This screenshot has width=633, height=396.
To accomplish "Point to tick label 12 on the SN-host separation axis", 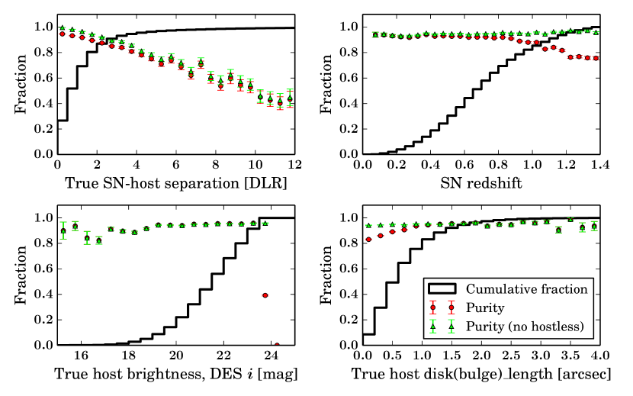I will [x=293, y=165].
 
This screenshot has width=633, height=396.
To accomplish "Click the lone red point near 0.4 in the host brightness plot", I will [x=265, y=295].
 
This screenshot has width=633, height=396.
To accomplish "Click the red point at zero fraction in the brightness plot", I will [x=277, y=344].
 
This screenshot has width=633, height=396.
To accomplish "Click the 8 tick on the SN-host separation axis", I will [x=214, y=165].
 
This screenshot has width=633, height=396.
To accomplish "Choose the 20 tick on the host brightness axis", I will [x=175, y=356].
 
